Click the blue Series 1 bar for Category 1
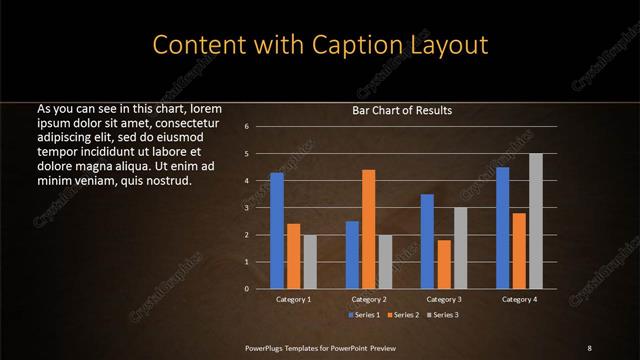pos(277,231)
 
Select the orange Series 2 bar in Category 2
pos(369,229)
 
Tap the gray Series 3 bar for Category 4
pos(536,221)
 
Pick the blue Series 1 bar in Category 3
pos(427,241)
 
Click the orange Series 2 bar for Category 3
pos(444,264)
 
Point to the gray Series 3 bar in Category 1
pos(310,262)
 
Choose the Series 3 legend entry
pos(444,315)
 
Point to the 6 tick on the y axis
pos(247,127)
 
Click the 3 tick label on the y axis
pos(247,208)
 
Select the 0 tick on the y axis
pos(247,289)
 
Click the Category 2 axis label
pos(369,299)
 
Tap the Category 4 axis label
pos(519,299)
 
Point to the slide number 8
pos(589,348)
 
